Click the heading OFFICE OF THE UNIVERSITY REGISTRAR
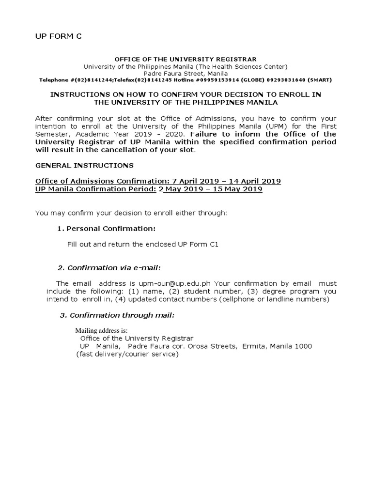pos(185,59)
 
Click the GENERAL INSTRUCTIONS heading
pos(85,166)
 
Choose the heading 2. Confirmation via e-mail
pos(109,267)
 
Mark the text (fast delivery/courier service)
pos(127,354)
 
